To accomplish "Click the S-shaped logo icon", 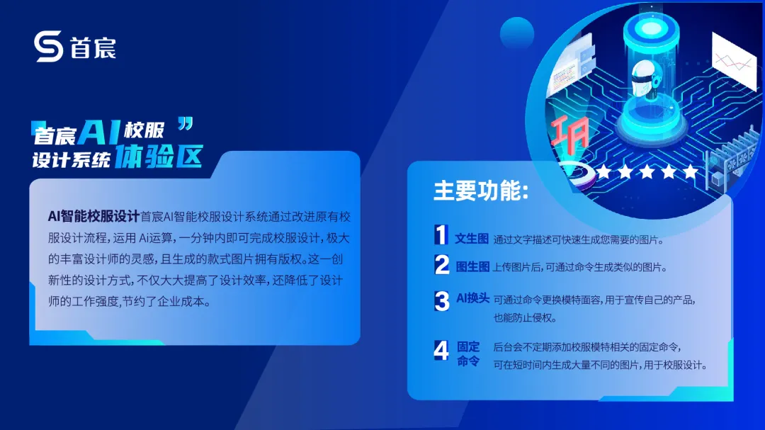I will pyautogui.click(x=49, y=47).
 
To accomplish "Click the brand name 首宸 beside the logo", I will pyautogui.click(x=93, y=48).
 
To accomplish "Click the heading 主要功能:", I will pyautogui.click(x=480, y=191).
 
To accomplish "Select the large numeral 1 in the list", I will pyautogui.click(x=441, y=234).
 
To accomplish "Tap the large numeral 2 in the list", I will pyautogui.click(x=442, y=265).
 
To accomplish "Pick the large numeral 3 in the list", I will pyautogui.click(x=442, y=301).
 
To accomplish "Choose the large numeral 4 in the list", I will pyautogui.click(x=441, y=351).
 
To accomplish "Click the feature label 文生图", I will pyautogui.click(x=472, y=239).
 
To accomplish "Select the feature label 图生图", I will pyautogui.click(x=472, y=267).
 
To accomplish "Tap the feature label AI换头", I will pyautogui.click(x=472, y=298).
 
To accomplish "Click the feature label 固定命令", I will pyautogui.click(x=468, y=353).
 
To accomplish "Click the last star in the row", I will pyautogui.click(x=690, y=171).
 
